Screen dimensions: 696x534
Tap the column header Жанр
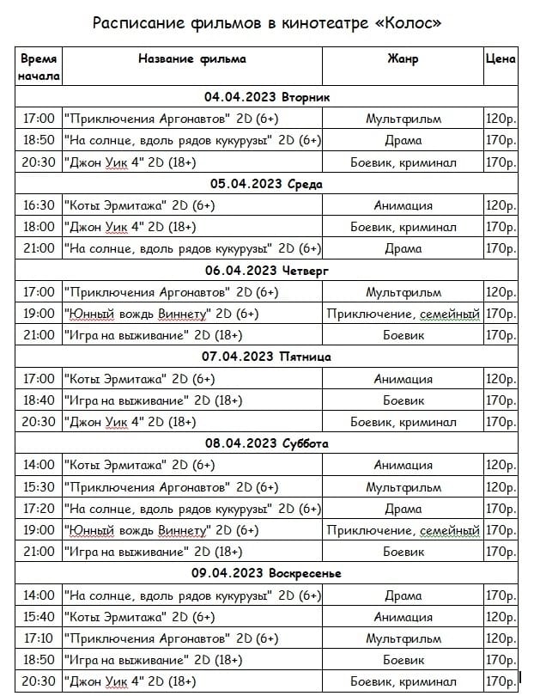pos(403,59)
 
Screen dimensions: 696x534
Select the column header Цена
pos(501,59)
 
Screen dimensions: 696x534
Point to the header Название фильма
pos(192,59)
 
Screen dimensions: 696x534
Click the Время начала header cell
pos(39,67)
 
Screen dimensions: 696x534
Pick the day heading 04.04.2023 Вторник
pos(267,97)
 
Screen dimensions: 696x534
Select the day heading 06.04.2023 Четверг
pos(267,271)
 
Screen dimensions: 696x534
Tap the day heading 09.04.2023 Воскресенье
pos(267,573)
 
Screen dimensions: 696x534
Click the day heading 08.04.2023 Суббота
pos(267,443)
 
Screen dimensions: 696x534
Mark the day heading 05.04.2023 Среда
pos(267,184)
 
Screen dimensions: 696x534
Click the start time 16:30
pos(39,206)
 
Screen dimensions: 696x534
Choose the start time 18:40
pos(39,400)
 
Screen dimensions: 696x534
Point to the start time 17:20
pos(39,509)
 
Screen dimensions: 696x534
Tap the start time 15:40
pos(39,617)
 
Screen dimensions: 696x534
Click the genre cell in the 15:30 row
pos(403,487)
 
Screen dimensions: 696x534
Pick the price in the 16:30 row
pos(501,206)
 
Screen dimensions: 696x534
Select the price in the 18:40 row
pos(501,400)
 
